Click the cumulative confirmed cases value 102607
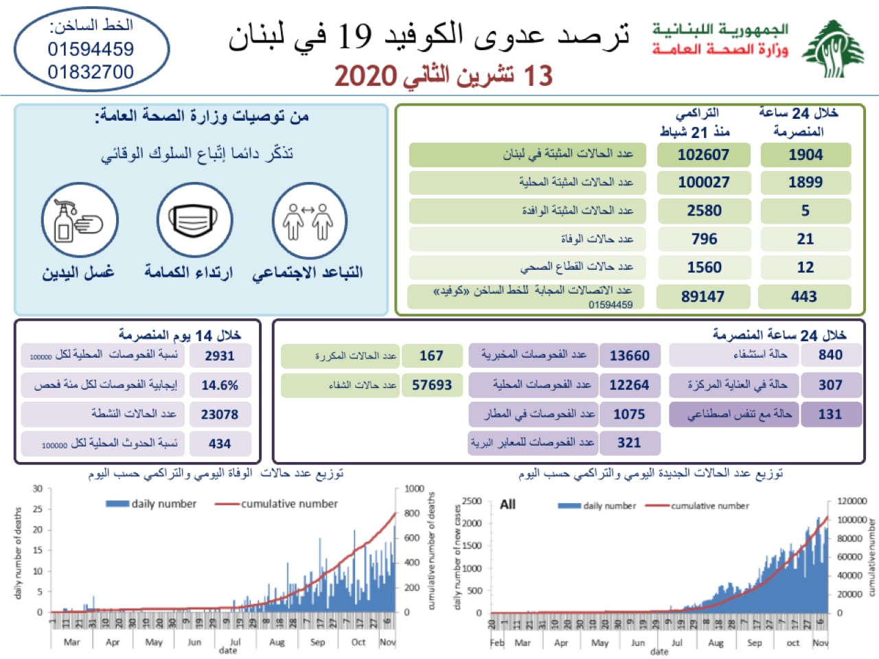[703, 155]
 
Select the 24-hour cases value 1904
[805, 155]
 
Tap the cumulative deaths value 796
[704, 239]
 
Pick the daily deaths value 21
[805, 239]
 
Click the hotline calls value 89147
[703, 297]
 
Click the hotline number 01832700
[91, 72]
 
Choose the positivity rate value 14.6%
[220, 385]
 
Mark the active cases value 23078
[220, 415]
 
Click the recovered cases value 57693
[432, 385]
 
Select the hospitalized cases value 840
[830, 355]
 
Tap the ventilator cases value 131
[830, 414]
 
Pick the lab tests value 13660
[629, 356]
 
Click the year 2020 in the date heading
[365, 76]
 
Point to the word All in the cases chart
[507, 505]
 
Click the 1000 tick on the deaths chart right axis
[414, 489]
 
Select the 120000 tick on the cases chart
[852, 501]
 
